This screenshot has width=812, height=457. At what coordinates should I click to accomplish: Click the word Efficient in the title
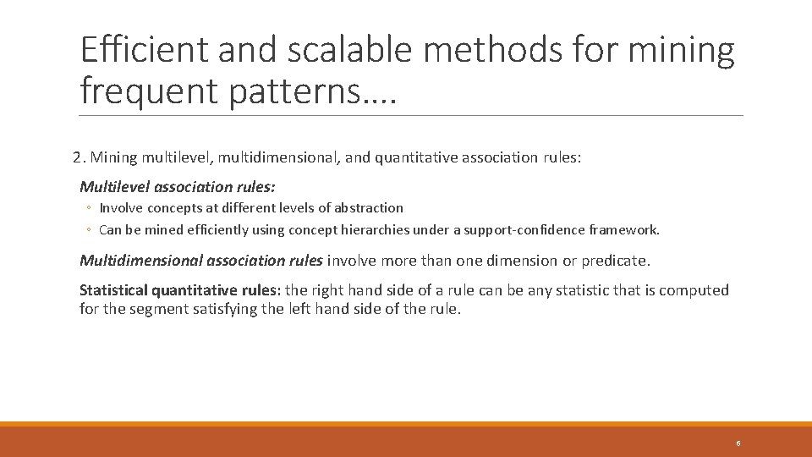143,51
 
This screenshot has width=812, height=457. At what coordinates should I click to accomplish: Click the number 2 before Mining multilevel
77,157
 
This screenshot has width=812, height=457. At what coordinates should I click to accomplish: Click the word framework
626,229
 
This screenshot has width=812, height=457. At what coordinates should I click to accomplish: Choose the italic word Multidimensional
140,261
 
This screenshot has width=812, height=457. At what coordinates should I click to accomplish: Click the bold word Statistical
113,290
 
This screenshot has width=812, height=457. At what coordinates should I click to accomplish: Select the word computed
694,290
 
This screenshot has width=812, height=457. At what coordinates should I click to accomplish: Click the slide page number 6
738,443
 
